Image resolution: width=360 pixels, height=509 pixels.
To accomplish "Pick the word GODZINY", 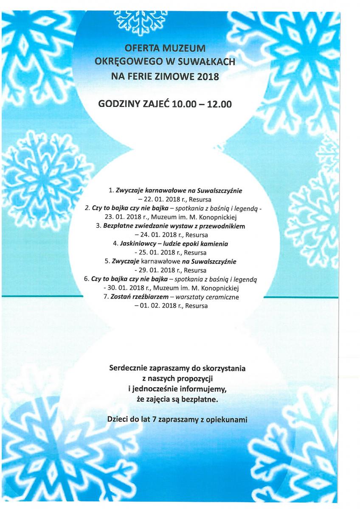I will [119, 103].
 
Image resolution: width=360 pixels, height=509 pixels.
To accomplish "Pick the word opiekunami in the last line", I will [226, 420].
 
